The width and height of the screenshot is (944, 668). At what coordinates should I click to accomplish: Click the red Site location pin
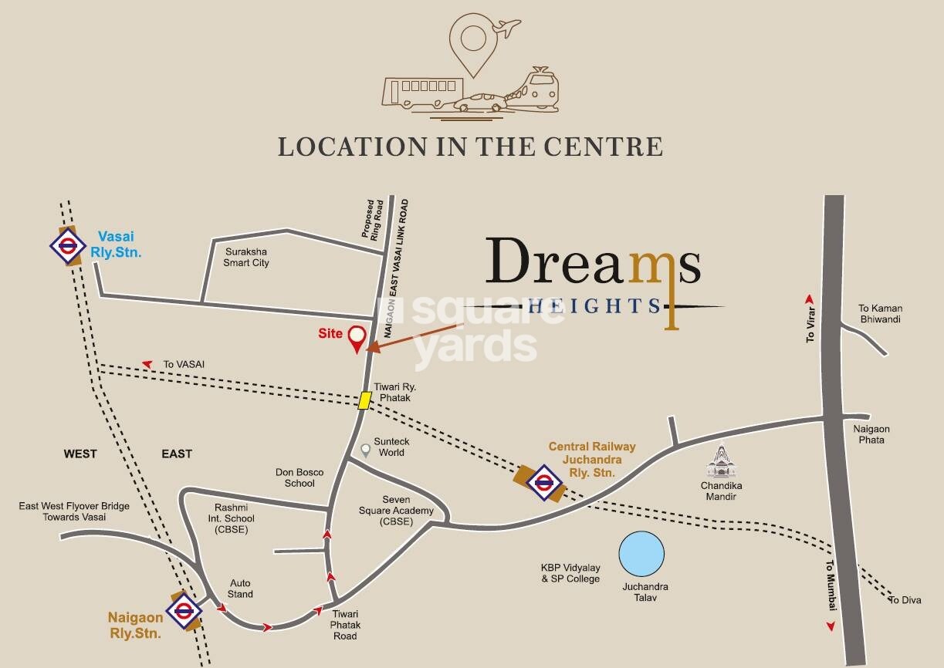click(x=357, y=338)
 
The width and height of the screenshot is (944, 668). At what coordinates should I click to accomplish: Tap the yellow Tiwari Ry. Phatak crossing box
click(x=365, y=400)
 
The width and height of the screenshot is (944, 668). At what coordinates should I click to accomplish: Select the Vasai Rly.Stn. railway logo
click(x=67, y=245)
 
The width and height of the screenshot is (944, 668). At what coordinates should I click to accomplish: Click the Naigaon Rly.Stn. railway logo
click(x=184, y=612)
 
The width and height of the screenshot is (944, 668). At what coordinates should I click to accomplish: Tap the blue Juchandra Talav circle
click(x=641, y=554)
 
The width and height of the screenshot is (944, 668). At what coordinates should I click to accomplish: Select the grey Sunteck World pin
click(x=366, y=448)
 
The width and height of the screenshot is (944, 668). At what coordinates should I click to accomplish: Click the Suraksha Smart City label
click(x=247, y=257)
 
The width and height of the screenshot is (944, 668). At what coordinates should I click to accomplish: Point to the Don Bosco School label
click(x=299, y=477)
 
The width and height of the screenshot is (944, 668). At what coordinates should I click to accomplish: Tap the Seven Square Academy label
click(x=385, y=511)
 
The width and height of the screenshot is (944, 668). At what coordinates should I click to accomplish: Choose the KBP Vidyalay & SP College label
click(x=570, y=573)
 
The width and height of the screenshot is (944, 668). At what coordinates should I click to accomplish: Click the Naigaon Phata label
click(x=871, y=434)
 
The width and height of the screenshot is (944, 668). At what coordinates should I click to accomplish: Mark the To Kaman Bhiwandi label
click(x=880, y=314)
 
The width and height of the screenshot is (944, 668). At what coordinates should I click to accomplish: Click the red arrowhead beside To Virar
click(x=810, y=299)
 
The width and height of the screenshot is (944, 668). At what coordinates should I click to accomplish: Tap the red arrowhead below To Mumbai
click(x=831, y=626)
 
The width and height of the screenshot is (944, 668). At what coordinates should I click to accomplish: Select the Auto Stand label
click(x=241, y=589)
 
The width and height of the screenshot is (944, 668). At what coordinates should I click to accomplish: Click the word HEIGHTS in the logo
click(x=594, y=306)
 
